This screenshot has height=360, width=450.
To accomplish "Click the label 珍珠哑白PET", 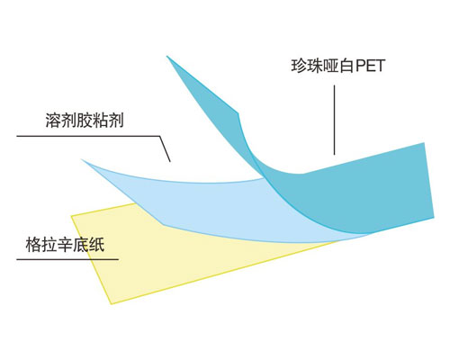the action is point(337,66).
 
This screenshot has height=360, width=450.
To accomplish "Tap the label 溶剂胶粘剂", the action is point(85,121).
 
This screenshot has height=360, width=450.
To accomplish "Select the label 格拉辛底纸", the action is point(65,245).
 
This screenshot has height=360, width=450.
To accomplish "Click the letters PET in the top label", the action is point(370,66).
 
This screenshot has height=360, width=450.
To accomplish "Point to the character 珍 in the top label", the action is point(299,66).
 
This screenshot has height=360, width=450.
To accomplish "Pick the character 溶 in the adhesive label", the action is point(53,121).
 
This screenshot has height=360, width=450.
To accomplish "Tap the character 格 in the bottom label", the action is point(33,245).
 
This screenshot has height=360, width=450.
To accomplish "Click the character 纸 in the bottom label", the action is point(97,245).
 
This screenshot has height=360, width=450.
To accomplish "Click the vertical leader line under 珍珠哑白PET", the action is point(335,120).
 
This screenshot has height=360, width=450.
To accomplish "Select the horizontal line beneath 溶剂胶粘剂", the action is point(88,136).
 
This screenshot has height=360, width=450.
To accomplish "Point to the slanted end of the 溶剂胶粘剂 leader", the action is point(166,149).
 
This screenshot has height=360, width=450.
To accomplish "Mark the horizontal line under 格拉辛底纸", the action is point(67,259).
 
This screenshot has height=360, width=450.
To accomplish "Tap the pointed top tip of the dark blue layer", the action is point(167,56).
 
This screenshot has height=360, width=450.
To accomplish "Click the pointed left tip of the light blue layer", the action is point(82,159).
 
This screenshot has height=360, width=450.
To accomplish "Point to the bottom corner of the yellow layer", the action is point(112,304).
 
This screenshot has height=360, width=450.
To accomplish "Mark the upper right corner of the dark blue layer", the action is point(424,143).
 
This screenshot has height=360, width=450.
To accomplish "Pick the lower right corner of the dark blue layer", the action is point(434,217).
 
